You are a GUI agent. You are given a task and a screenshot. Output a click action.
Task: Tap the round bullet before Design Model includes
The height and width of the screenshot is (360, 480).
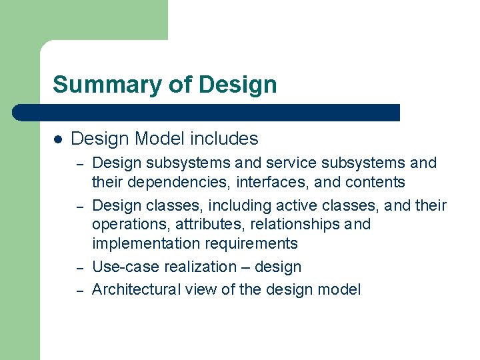point(58,139)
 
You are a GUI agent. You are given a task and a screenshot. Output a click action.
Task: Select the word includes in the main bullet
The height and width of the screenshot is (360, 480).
point(224,139)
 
